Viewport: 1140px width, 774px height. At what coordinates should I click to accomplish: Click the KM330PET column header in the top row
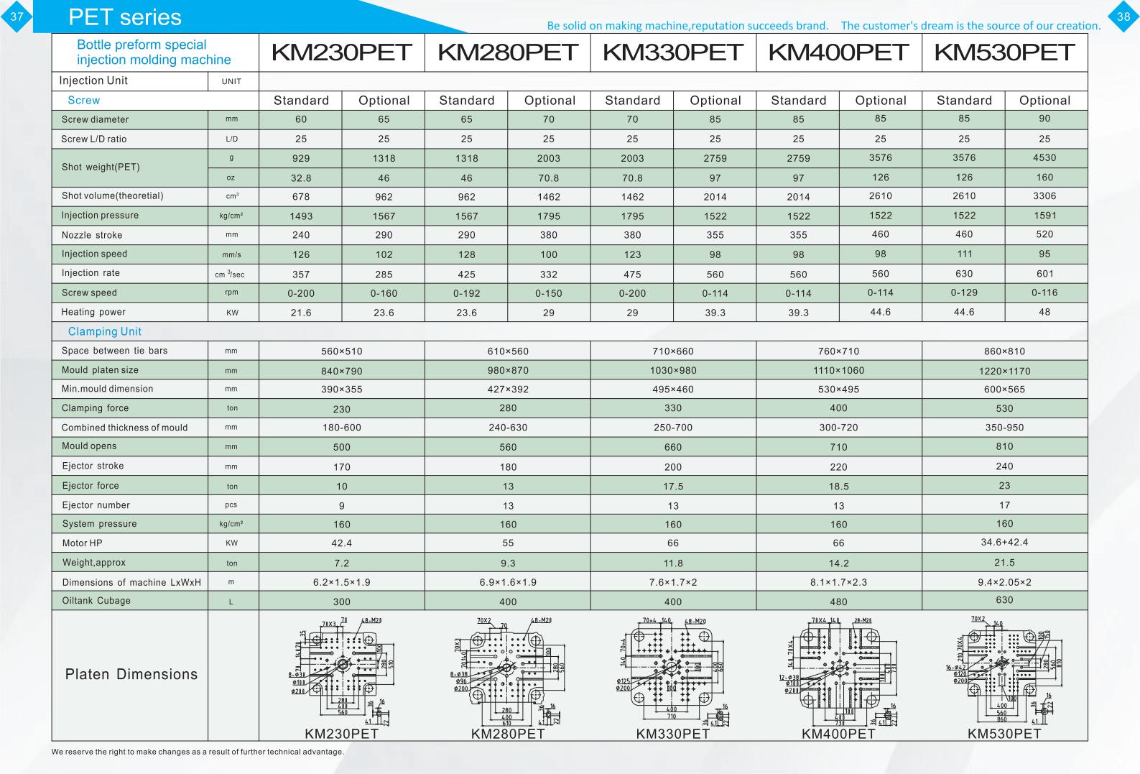[673, 52]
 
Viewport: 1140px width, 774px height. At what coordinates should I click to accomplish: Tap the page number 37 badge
[16, 17]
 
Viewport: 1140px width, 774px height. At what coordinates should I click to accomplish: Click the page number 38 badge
[1123, 17]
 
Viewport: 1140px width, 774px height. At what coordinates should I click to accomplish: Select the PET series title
[124, 17]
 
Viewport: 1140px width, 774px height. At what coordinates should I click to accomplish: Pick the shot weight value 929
[301, 158]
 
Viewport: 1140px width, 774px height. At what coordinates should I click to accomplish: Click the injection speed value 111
[964, 254]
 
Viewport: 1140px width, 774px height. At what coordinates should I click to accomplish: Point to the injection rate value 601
[1044, 273]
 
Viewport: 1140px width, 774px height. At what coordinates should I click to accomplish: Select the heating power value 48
[1044, 312]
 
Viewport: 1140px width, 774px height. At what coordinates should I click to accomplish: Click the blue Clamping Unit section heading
[104, 331]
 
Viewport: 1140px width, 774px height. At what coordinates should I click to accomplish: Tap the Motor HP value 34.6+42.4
[1004, 542]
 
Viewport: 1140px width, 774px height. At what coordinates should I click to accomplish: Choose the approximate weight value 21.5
[1004, 563]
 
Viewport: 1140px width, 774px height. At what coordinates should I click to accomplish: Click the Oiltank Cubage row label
[96, 601]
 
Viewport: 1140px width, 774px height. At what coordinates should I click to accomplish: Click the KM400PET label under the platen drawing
[838, 734]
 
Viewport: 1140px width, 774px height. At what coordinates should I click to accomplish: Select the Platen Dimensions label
[131, 674]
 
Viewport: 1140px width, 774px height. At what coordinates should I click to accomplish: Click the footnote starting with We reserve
[198, 752]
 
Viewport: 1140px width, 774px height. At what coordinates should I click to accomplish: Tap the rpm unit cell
[231, 292]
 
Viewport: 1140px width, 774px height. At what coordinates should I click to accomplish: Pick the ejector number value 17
[1004, 505]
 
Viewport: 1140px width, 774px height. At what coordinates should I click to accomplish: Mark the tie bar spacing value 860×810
[1004, 351]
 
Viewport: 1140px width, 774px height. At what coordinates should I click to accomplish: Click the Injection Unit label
[93, 80]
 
